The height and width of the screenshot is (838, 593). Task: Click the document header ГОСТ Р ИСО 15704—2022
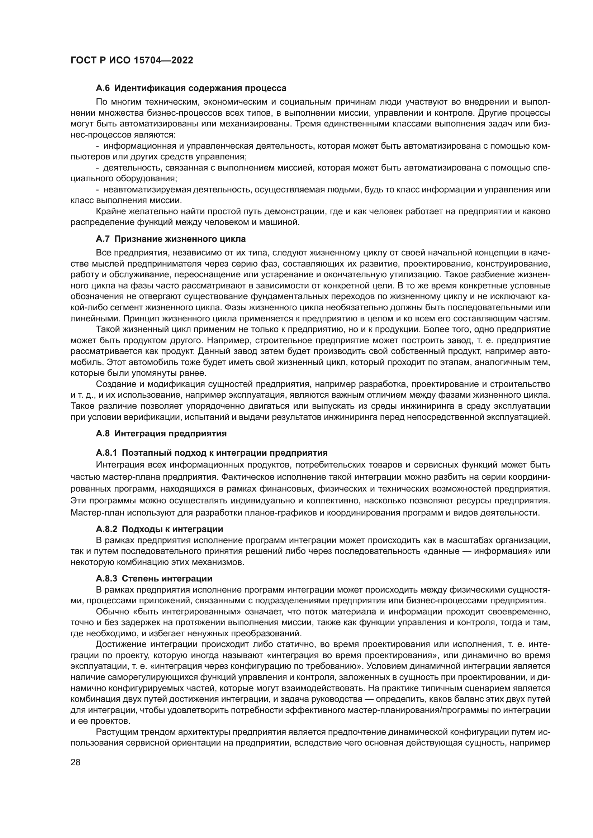pyautogui.click(x=132, y=61)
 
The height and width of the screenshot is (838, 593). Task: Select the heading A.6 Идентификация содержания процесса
pyautogui.click(x=191, y=88)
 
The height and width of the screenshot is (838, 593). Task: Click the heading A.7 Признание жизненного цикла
pyautogui.click(x=171, y=239)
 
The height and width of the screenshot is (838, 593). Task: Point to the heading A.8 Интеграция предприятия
pyautogui.click(x=161, y=434)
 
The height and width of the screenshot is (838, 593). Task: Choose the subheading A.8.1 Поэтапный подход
pyautogui.click(x=212, y=453)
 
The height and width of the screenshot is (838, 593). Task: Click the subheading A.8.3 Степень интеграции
pyautogui.click(x=154, y=579)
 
